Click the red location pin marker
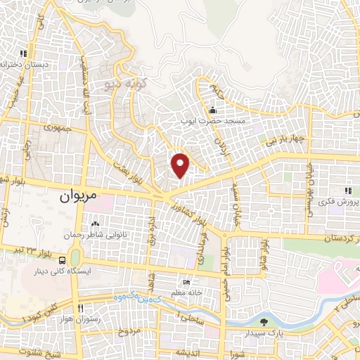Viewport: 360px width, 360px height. [181, 165]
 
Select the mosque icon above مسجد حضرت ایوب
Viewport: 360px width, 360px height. [212, 110]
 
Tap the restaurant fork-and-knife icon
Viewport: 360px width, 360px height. [80, 309]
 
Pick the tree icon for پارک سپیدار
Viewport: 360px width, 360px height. [264, 322]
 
